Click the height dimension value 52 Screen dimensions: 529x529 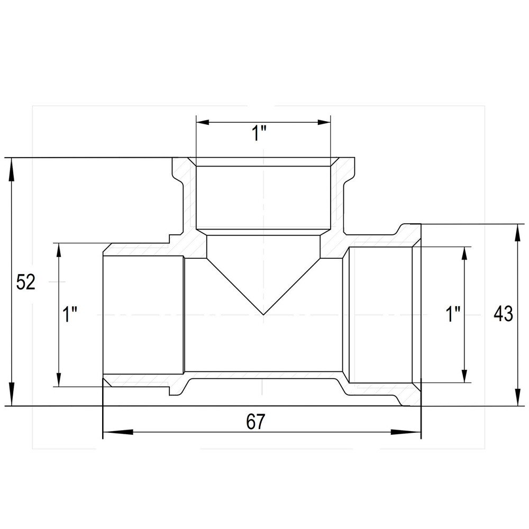(25, 282)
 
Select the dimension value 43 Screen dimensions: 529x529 (503, 314)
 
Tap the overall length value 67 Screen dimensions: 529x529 (256, 422)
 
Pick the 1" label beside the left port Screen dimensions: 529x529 (70, 315)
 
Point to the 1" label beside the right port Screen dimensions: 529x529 (453, 315)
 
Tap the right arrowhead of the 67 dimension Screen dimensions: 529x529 (413, 432)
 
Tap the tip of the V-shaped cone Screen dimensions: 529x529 (263, 315)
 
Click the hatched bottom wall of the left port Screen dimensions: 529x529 (143, 380)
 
